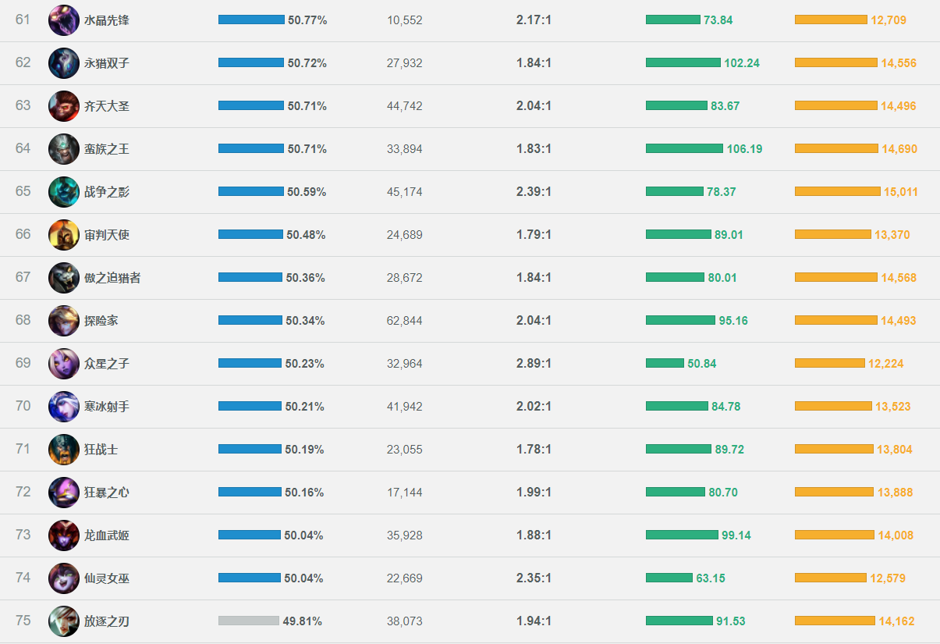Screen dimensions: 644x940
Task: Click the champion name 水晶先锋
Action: (106, 20)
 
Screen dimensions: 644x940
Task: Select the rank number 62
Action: (23, 62)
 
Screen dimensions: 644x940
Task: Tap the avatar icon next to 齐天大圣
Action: (64, 106)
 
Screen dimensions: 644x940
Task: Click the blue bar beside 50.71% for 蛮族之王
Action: (251, 148)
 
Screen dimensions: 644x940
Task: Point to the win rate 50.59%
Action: (306, 192)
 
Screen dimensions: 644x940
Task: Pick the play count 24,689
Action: (404, 235)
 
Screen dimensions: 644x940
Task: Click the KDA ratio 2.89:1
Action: (534, 364)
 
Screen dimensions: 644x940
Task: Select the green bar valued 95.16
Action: (680, 320)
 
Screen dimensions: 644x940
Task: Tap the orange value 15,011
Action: (899, 192)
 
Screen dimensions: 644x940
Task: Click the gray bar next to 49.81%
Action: (249, 621)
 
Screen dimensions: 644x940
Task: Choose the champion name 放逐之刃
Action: (106, 621)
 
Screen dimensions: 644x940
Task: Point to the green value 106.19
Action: (744, 149)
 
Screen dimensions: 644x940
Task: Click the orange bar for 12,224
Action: (830, 363)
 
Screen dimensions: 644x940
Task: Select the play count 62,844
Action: (404, 321)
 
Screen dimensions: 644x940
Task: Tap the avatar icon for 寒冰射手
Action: (64, 407)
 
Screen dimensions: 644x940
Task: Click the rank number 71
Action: (23, 449)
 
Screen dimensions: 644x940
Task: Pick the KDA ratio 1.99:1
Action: (534, 493)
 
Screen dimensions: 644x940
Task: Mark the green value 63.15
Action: (711, 578)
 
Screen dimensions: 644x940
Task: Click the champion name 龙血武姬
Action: (106, 535)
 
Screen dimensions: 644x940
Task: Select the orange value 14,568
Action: (899, 278)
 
